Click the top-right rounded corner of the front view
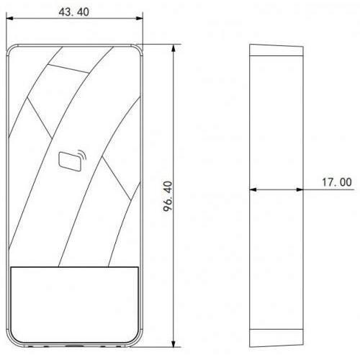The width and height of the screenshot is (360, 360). click(x=137, y=48)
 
